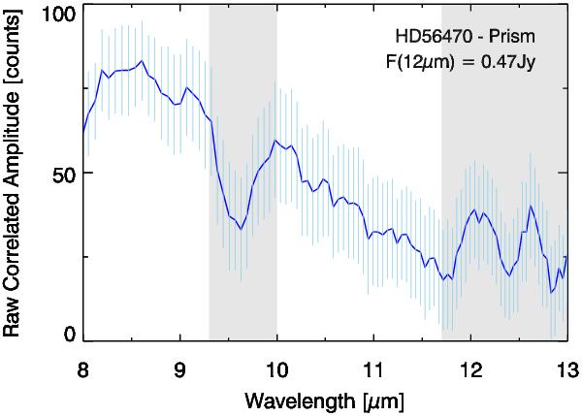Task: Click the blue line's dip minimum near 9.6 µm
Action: click(x=240, y=230)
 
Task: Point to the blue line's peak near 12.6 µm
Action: click(x=531, y=206)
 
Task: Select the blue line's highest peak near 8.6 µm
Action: click(x=142, y=61)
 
